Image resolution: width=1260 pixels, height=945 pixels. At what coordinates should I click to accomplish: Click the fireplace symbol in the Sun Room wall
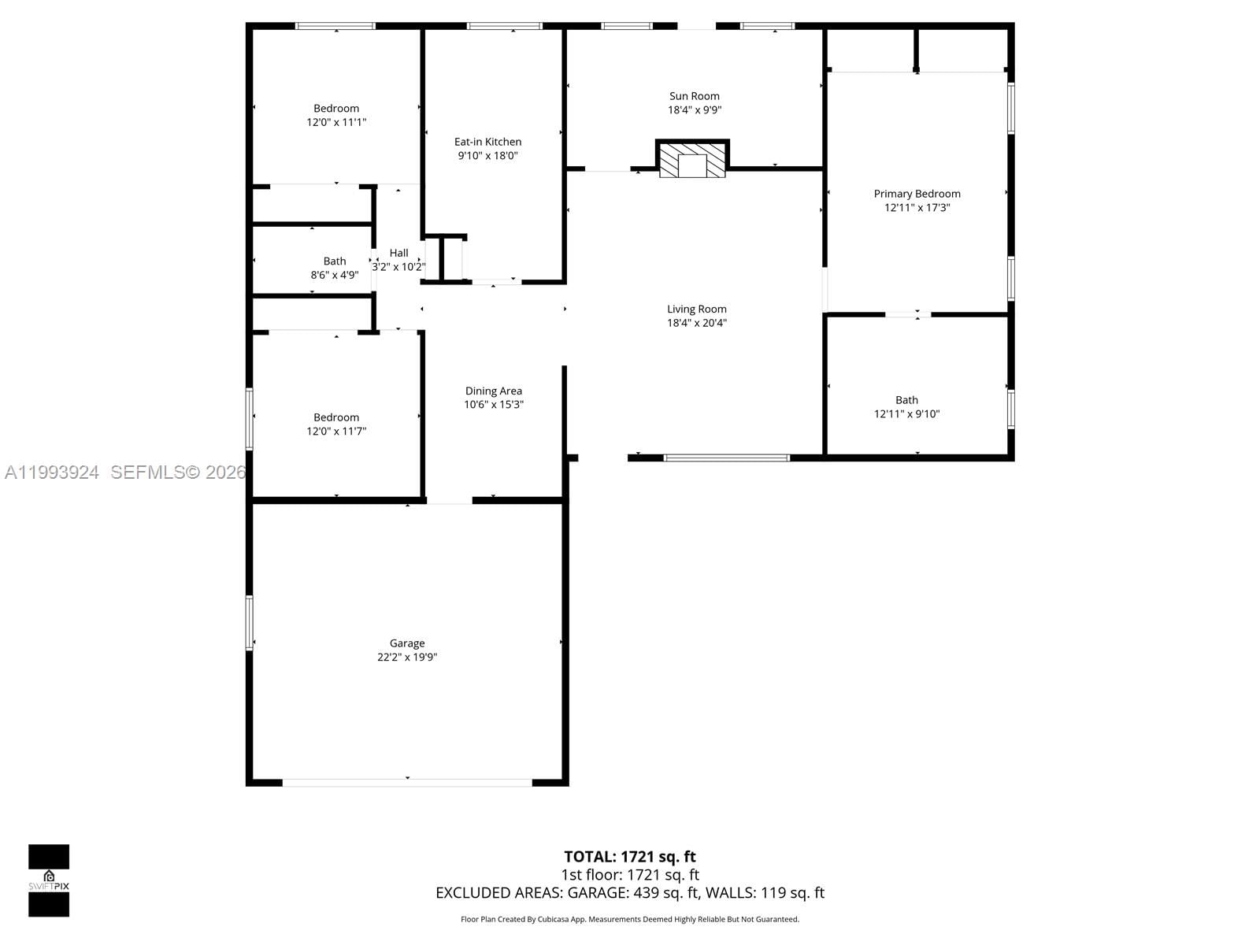point(693,160)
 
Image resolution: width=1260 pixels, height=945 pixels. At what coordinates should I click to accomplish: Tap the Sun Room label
point(694,97)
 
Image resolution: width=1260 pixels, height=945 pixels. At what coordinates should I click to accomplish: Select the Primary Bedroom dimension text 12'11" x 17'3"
point(917,208)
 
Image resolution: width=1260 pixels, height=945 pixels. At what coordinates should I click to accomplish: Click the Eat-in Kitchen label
point(487,142)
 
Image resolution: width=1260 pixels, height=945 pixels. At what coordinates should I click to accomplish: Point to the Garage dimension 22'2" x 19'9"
point(407,658)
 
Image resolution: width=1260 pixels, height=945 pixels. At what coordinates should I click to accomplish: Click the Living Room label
point(696,309)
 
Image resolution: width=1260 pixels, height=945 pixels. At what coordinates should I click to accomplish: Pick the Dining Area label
point(493,391)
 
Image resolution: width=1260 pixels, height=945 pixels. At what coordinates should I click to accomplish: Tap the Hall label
point(399,253)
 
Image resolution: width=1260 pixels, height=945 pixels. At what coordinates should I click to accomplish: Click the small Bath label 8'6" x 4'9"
point(335,269)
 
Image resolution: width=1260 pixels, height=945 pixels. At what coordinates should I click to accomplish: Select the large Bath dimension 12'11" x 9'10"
point(906,414)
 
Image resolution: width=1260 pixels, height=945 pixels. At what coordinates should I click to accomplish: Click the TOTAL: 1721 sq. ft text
point(629,857)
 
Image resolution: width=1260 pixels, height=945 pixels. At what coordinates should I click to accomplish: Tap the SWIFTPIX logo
point(49,880)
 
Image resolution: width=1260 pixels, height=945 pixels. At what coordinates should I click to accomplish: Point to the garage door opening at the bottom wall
point(407,782)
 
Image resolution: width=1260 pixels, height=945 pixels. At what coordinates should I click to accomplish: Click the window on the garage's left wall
point(250,622)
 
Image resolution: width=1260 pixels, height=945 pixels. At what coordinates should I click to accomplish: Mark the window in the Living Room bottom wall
point(726,458)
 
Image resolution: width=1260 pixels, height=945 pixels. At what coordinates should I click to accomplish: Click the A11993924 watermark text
point(52,472)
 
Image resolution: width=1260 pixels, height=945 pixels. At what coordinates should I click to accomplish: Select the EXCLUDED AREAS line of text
point(629,893)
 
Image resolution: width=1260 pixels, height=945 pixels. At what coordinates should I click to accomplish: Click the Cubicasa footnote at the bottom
point(629,919)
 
